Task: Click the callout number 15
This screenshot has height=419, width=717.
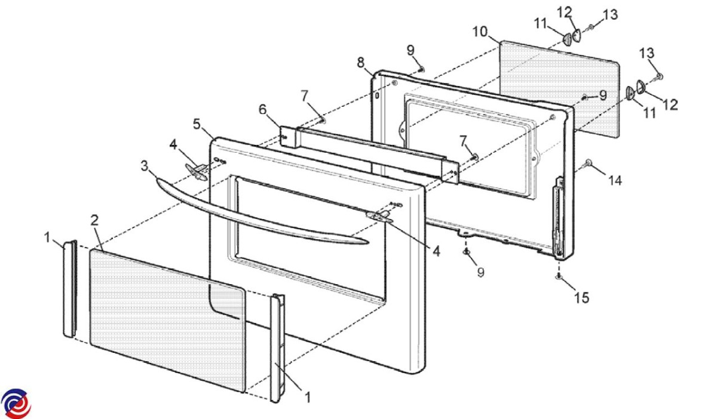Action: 581,298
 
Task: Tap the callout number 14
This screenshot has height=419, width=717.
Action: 615,181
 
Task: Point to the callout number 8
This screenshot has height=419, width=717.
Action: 361,62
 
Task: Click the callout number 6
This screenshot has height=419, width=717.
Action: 262,109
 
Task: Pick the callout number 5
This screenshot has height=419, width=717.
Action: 197,124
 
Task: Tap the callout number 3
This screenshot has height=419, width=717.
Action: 145,166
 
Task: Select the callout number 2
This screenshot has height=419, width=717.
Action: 94,220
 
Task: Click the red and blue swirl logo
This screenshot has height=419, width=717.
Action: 16,403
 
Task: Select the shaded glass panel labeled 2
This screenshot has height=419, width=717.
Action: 167,320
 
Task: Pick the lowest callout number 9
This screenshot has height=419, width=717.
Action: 480,272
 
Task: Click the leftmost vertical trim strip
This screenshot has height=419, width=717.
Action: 70,288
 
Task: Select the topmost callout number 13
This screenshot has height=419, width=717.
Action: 610,15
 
